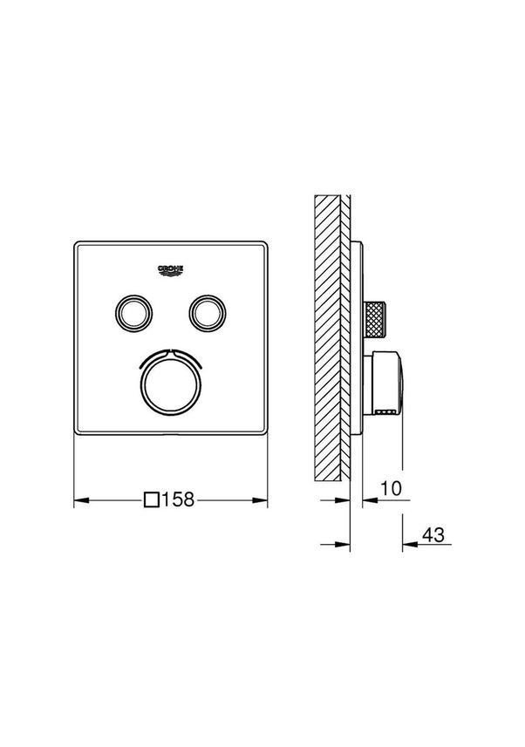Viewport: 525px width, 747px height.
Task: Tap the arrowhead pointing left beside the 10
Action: pos(367,500)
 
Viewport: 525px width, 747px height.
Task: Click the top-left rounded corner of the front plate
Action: pos(77,245)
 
